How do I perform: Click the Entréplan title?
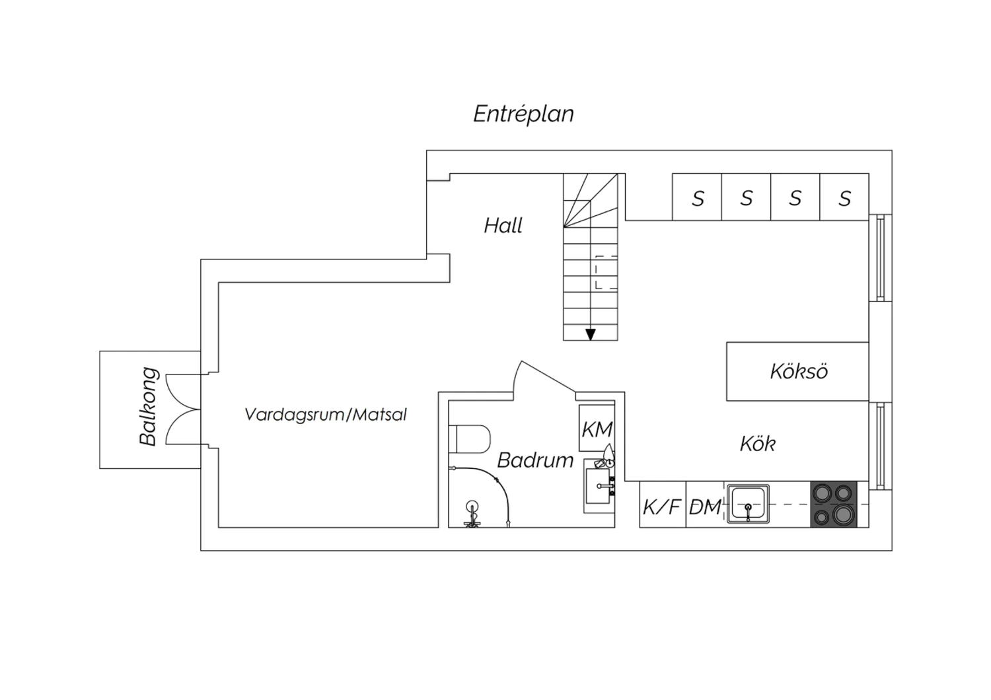523,114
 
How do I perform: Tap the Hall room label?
503,226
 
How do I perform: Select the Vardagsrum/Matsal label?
326,415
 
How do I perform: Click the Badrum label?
535,460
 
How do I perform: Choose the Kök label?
757,444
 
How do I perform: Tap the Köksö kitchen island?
797,371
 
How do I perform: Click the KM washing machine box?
597,428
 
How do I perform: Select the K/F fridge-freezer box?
663,504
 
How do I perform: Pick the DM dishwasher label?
705,507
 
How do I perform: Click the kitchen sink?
748,504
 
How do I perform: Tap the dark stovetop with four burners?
834,504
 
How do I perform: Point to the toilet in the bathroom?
469,439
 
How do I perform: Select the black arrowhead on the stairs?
590,335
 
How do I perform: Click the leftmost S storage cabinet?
697,197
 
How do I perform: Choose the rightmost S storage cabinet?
844,197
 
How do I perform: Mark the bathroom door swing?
544,376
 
